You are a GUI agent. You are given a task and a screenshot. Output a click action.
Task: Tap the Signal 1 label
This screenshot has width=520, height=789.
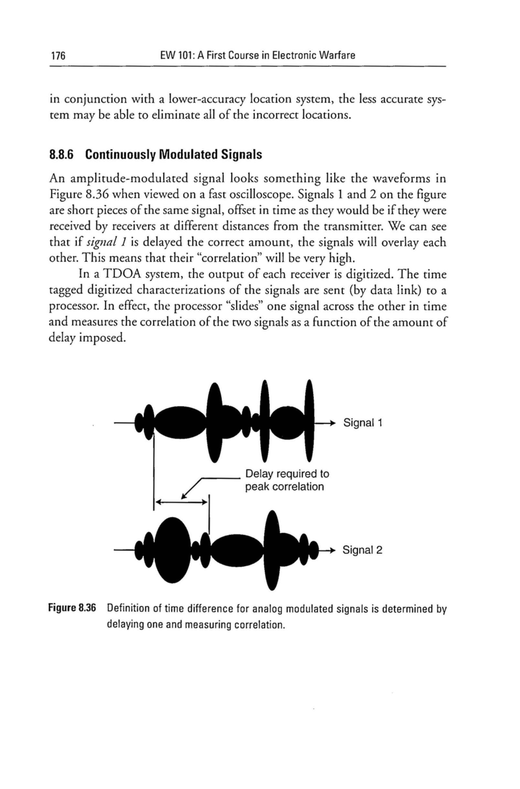click(x=363, y=423)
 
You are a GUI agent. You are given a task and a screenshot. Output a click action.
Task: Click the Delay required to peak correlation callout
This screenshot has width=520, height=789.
click(x=287, y=480)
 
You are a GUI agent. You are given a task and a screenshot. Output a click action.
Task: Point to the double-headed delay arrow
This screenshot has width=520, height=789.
click(x=181, y=502)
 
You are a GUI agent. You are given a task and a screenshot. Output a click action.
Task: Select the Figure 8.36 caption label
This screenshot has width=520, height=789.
click(x=72, y=608)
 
